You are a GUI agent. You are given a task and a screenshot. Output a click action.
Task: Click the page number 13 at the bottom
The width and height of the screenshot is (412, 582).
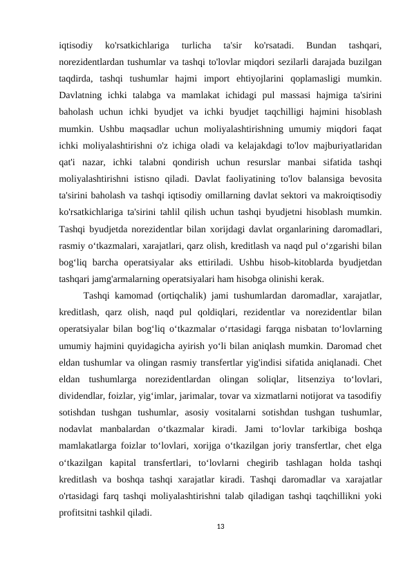tap(221, 527)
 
